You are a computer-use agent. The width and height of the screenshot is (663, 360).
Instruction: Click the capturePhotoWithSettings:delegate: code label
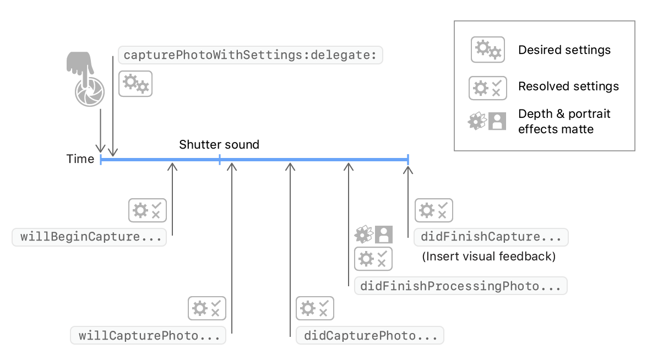click(251, 56)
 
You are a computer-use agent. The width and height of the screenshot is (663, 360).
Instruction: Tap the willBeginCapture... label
click(89, 237)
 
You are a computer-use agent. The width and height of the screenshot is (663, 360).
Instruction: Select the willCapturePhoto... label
click(148, 335)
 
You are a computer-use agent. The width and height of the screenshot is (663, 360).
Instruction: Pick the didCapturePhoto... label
click(370, 335)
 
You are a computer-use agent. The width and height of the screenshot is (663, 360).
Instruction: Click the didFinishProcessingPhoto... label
click(460, 286)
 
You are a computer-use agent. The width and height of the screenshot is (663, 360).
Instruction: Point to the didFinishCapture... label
click(491, 237)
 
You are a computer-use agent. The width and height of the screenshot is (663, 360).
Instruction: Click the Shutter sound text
click(219, 145)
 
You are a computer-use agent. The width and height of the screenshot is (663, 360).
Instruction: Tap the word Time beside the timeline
click(80, 159)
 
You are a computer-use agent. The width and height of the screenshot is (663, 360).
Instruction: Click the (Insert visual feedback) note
click(488, 256)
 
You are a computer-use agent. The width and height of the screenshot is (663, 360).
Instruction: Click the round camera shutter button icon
click(89, 92)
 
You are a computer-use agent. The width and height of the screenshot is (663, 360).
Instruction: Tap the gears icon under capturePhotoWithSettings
click(135, 84)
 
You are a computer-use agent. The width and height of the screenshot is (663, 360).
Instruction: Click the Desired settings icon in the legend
click(488, 50)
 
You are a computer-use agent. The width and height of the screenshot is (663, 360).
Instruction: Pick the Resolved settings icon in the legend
click(488, 88)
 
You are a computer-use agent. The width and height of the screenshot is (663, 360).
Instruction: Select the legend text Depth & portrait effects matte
click(564, 122)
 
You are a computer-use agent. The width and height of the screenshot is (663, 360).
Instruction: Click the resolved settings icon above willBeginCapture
click(148, 210)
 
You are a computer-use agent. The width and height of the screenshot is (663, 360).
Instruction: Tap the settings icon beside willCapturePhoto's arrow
click(207, 308)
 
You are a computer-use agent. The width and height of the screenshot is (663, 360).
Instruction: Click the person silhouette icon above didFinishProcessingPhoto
click(384, 234)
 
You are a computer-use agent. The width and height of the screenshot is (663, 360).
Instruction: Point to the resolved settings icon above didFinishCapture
click(434, 210)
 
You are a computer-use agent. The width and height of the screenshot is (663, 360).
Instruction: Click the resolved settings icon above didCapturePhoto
click(315, 308)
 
